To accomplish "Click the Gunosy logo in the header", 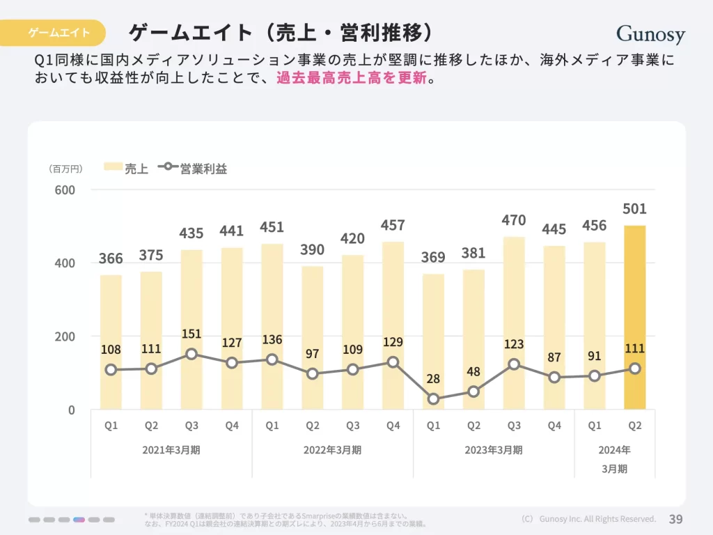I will pyautogui.click(x=650, y=34).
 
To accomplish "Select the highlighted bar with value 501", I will pyautogui.click(x=634, y=317).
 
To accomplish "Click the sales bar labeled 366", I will pyautogui.click(x=111, y=341).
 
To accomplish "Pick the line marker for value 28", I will pyautogui.click(x=433, y=400).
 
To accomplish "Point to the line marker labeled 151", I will pyautogui.click(x=191, y=354).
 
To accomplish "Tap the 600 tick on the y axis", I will pyautogui.click(x=65, y=190).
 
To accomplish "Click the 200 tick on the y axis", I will pyautogui.click(x=65, y=336).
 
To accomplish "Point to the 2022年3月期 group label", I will pyautogui.click(x=332, y=450).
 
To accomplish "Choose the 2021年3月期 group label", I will pyautogui.click(x=171, y=450).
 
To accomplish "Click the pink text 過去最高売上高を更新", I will pyautogui.click(x=351, y=78).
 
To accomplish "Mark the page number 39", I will pyautogui.click(x=675, y=519).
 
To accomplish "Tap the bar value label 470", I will pyautogui.click(x=514, y=221).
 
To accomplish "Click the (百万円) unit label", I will pyautogui.click(x=65, y=169).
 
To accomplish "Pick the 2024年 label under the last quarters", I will pyautogui.click(x=614, y=450).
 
